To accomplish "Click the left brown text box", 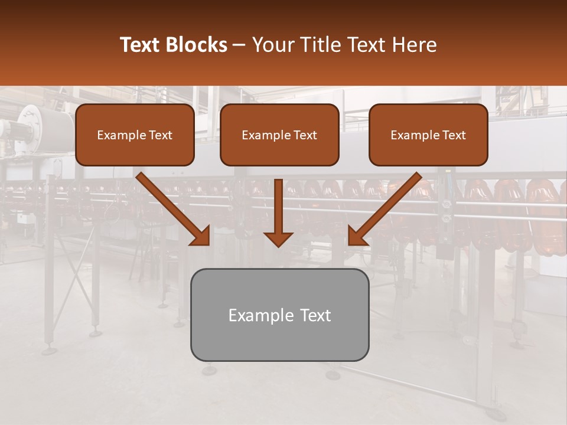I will [x=135, y=135].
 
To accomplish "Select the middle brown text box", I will [x=279, y=135].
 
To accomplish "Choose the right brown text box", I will [x=428, y=135].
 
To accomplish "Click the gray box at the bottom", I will [x=279, y=315].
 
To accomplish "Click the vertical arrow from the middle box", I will [x=278, y=207].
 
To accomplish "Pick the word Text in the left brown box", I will [x=160, y=135].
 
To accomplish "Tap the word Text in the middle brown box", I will [x=305, y=135].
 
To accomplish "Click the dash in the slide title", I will [x=240, y=45].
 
